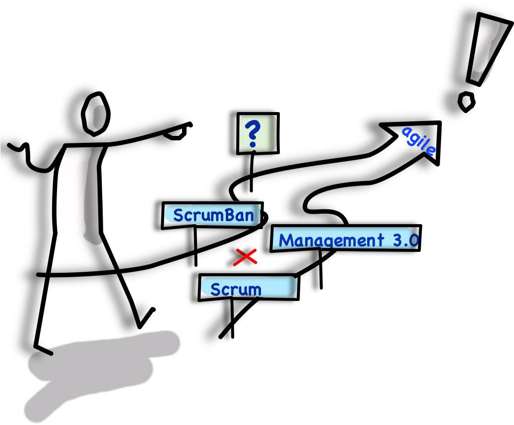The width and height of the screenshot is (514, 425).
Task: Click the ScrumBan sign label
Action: (213, 215)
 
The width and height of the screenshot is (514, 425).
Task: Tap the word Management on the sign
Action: (331, 241)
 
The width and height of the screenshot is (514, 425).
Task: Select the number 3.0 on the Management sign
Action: (406, 241)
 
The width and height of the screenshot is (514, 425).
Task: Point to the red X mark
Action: (245, 257)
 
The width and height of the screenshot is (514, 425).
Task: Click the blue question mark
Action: (253, 134)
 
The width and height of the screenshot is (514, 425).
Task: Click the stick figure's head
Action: (95, 114)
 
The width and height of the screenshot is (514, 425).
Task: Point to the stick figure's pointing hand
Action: (179, 131)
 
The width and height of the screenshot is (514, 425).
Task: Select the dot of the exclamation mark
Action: (466, 102)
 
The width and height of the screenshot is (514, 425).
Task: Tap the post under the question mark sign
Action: (252, 172)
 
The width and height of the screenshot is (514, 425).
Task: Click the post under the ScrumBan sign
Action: (195, 245)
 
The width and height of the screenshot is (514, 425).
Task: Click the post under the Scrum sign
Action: (232, 318)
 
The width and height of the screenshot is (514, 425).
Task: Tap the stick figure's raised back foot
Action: (146, 317)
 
